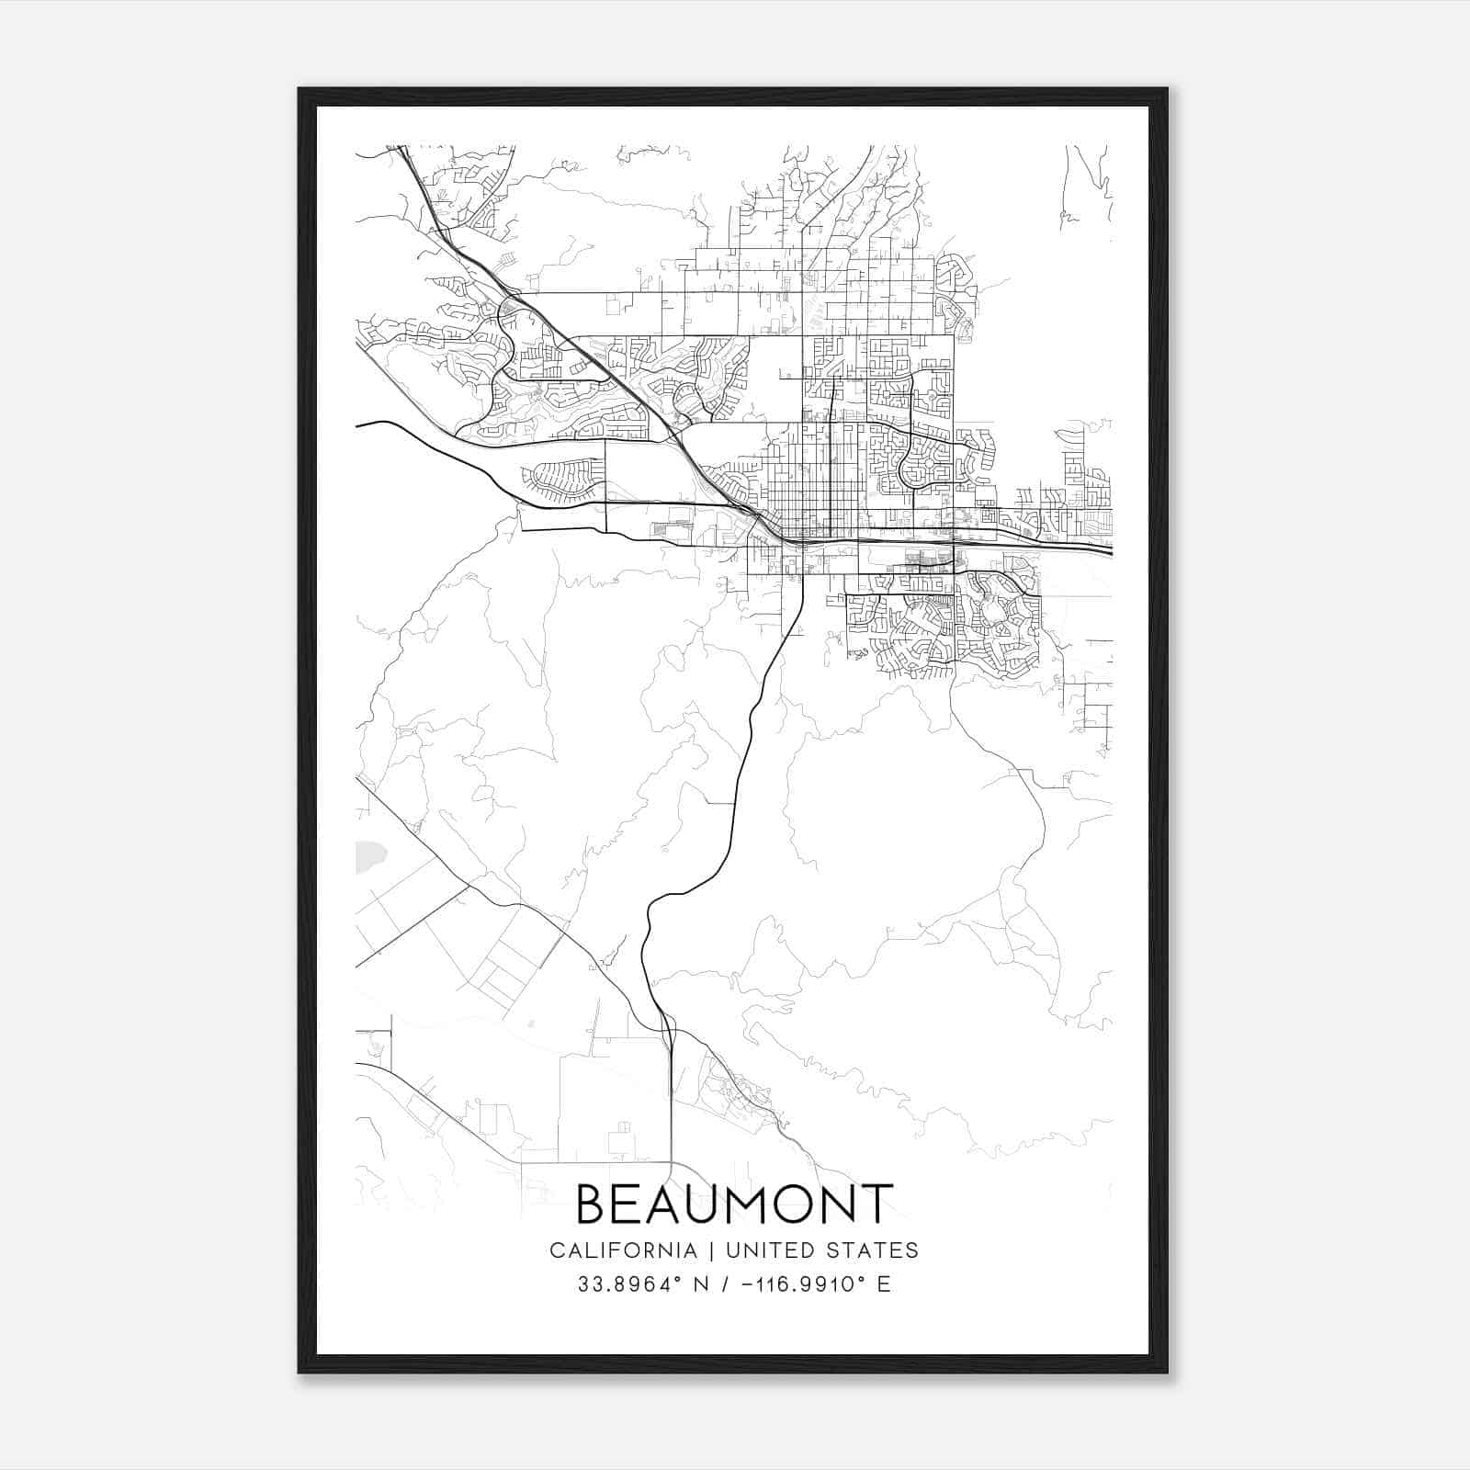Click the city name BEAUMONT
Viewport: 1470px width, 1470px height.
pos(734,1204)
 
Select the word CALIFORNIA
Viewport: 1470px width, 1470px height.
pos(623,1250)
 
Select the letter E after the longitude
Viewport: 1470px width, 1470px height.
pos(884,1284)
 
